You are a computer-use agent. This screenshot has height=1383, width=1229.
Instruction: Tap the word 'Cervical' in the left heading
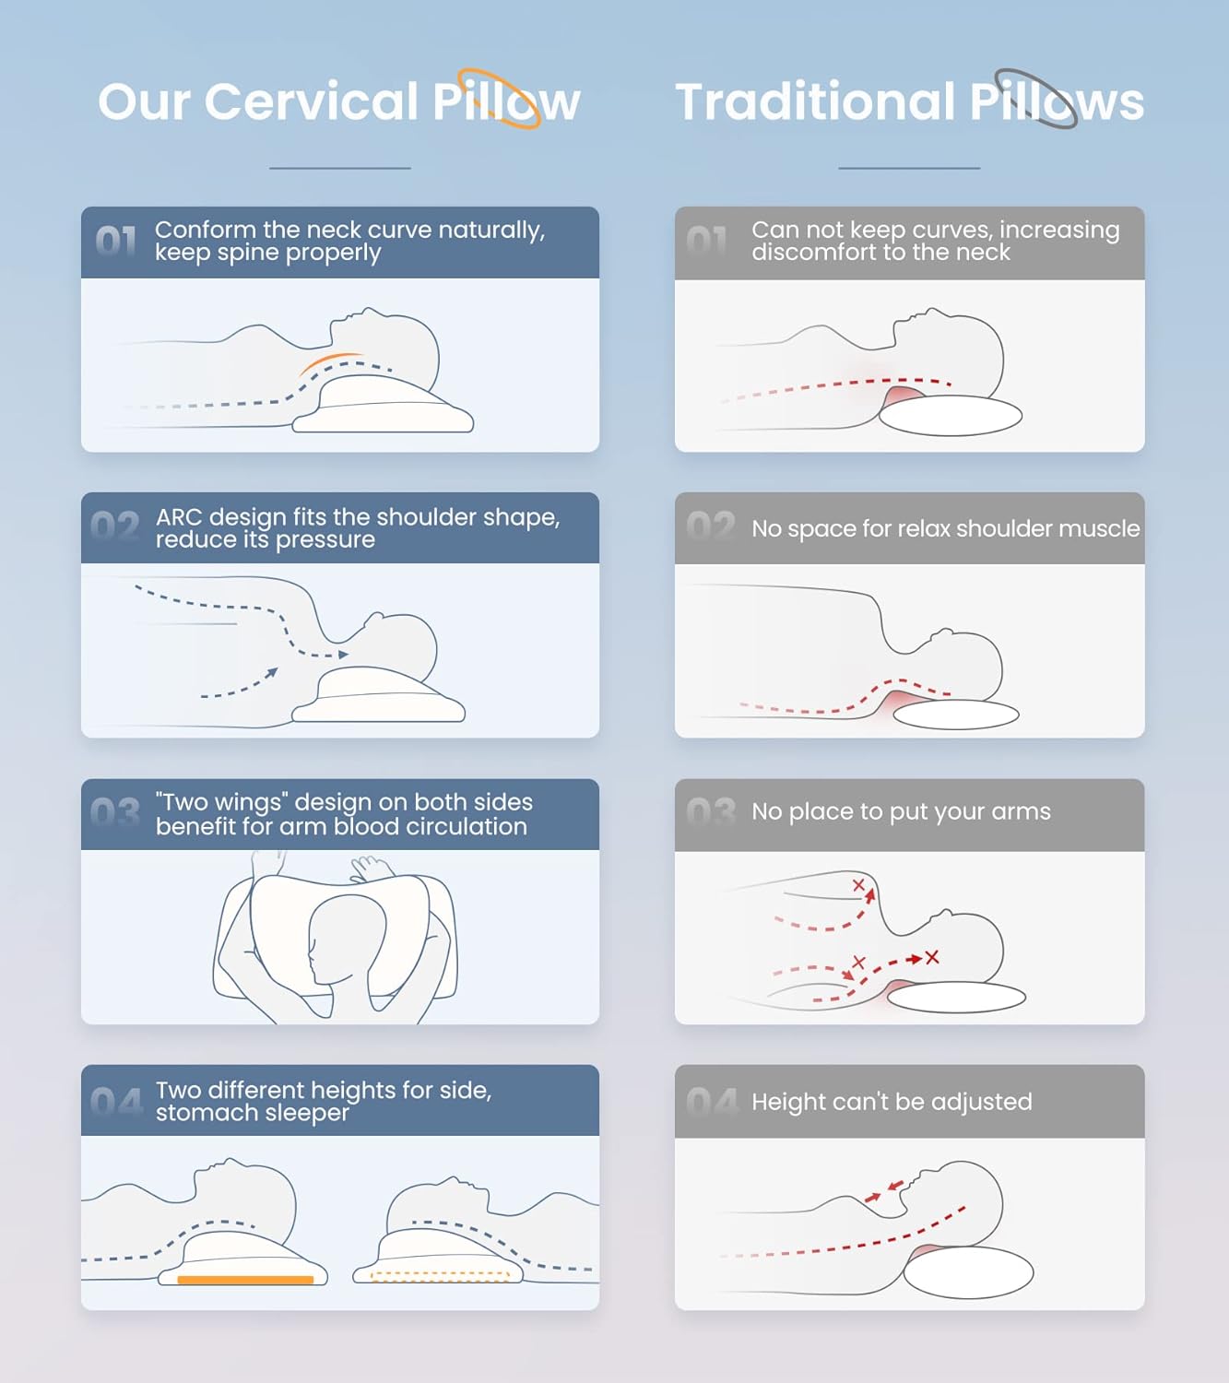[x=311, y=101]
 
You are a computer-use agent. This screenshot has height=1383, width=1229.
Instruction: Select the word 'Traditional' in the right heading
[x=814, y=101]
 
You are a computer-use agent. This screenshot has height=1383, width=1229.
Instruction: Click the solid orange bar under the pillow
[x=245, y=1280]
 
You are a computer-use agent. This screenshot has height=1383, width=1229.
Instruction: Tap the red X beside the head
[x=932, y=957]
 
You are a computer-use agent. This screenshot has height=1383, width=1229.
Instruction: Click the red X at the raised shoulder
[x=858, y=885]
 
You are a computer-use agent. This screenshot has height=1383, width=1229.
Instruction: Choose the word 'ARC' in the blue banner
[x=179, y=517]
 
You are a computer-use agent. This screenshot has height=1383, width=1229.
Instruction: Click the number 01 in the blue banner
[x=116, y=241]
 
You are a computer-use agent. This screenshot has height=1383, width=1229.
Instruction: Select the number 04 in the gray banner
[x=712, y=1103]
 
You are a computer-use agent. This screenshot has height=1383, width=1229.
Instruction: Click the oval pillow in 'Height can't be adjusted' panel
[x=968, y=1272]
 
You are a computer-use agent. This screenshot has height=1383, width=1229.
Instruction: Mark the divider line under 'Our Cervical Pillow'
[x=340, y=168]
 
